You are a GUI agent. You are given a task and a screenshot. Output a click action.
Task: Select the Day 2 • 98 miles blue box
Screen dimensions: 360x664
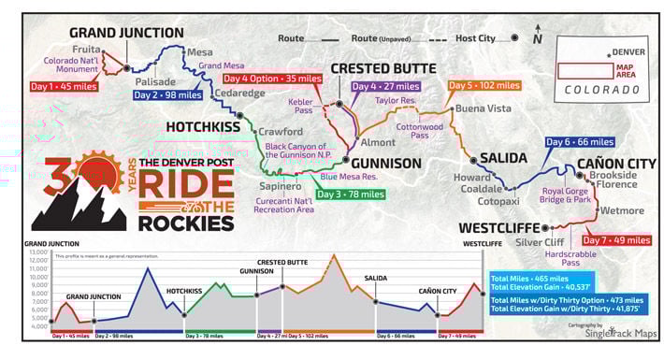167,94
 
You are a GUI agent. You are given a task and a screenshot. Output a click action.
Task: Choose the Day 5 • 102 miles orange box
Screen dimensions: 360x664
484,86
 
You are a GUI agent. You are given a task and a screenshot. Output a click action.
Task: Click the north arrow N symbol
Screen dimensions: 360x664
537,38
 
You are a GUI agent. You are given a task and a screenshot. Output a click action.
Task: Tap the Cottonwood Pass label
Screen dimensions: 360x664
419,131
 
